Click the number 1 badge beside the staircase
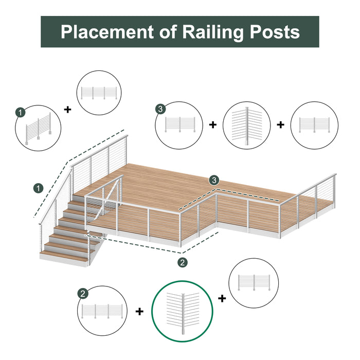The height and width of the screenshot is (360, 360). click(x=38, y=189)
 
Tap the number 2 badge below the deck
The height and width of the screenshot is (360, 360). click(x=183, y=262)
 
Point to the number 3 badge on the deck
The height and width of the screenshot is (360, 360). click(x=214, y=180)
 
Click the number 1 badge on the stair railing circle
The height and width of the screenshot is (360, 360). click(x=20, y=112)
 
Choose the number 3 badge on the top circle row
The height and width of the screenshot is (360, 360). click(x=161, y=109)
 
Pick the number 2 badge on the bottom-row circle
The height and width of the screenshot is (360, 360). click(x=83, y=294)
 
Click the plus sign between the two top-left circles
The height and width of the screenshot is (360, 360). click(x=67, y=110)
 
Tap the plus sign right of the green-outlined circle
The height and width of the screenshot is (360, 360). click(x=222, y=298)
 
